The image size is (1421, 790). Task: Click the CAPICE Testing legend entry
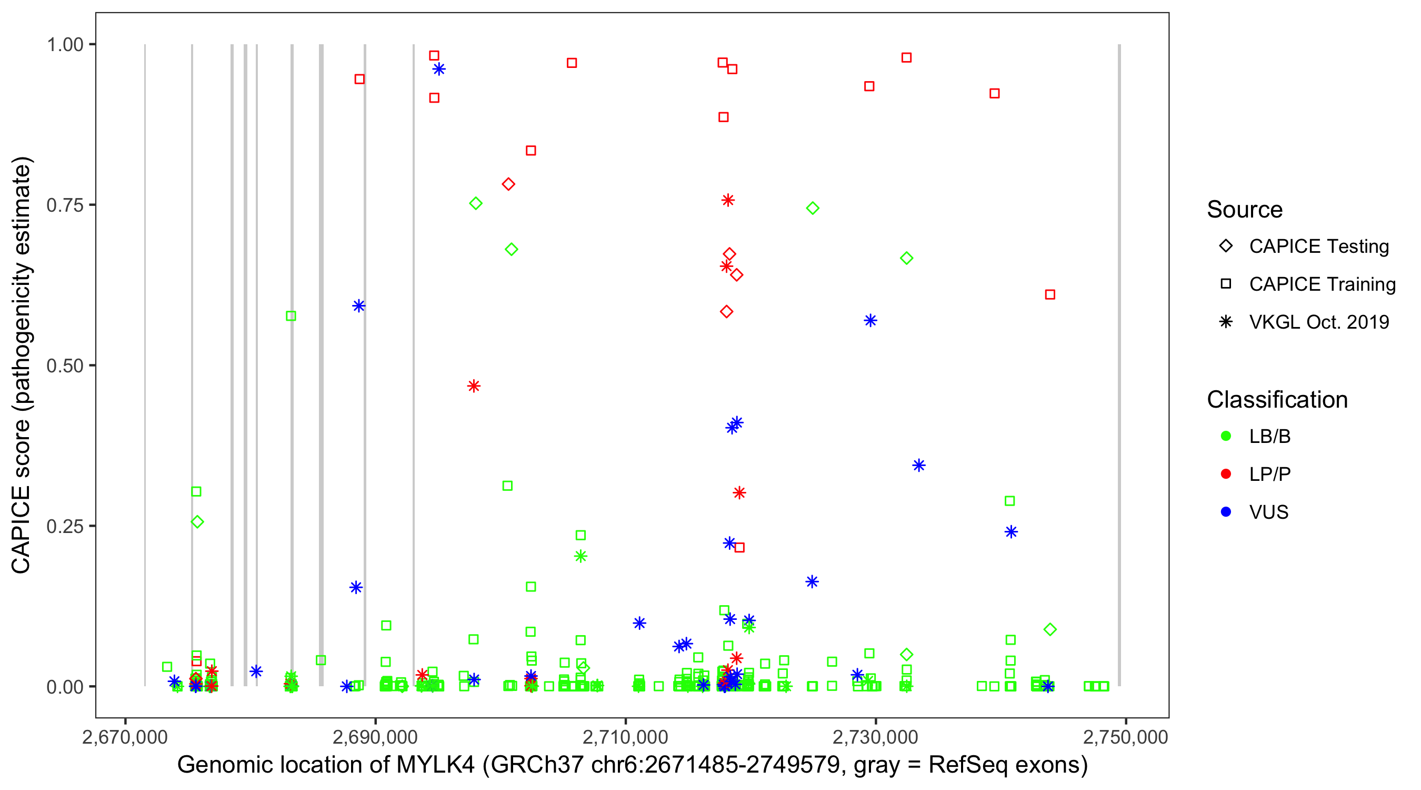(1318, 246)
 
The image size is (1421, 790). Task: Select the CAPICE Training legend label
(1322, 284)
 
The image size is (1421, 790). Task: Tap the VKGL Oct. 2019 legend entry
(1318, 322)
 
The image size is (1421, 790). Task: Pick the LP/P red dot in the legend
(1226, 474)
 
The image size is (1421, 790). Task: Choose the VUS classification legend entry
(1268, 512)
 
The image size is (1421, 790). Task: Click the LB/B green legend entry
(1269, 436)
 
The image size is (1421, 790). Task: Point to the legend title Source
(1245, 210)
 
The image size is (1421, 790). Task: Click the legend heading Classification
(1276, 400)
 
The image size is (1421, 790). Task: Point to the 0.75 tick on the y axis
(65, 205)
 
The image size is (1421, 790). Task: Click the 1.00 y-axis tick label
(65, 44)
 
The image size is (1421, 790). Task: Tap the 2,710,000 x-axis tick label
(625, 737)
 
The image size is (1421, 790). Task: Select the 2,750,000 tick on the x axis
(1125, 737)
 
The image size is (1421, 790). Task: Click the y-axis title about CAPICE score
(22, 365)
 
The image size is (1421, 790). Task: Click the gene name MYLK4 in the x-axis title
(435, 765)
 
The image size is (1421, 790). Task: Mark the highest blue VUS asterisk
(439, 69)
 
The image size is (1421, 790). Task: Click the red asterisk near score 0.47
(473, 386)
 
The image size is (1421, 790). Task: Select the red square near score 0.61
(1050, 295)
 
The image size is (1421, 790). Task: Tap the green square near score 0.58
(291, 316)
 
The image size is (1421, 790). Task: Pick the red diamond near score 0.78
(508, 184)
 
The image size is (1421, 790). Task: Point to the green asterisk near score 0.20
(581, 557)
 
